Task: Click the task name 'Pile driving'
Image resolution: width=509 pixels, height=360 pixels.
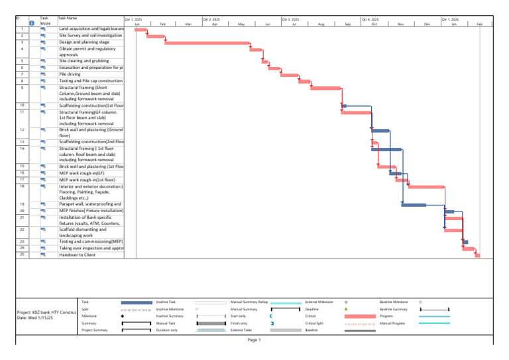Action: [70, 74]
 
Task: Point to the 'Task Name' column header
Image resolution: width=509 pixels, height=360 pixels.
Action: [68, 18]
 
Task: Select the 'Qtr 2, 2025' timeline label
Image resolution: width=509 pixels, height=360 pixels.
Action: [211, 20]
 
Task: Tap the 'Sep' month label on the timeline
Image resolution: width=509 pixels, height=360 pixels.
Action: [347, 25]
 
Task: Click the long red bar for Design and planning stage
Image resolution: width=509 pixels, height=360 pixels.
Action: [207, 43]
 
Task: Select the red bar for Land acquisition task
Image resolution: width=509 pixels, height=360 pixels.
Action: [140, 30]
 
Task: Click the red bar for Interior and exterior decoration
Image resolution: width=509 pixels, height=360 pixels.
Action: [425, 187]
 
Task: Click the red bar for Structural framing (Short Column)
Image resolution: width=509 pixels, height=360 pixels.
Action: [325, 88]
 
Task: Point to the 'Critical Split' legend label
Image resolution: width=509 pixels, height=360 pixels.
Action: [314, 323]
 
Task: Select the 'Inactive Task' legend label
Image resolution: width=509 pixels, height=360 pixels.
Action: [166, 302]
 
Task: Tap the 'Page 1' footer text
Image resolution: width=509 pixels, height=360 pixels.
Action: [254, 340]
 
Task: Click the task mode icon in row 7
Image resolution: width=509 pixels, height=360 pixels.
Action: [43, 74]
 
